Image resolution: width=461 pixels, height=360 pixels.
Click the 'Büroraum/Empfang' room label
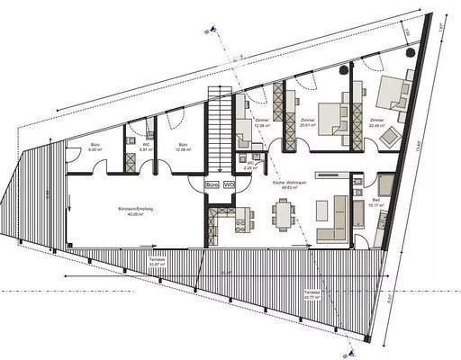[x=126, y=211]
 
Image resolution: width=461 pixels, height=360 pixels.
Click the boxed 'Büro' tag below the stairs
[x=213, y=184]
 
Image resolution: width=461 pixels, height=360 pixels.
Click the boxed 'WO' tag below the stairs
[x=229, y=184]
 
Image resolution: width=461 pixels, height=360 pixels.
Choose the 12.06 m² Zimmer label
[x=263, y=123]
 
